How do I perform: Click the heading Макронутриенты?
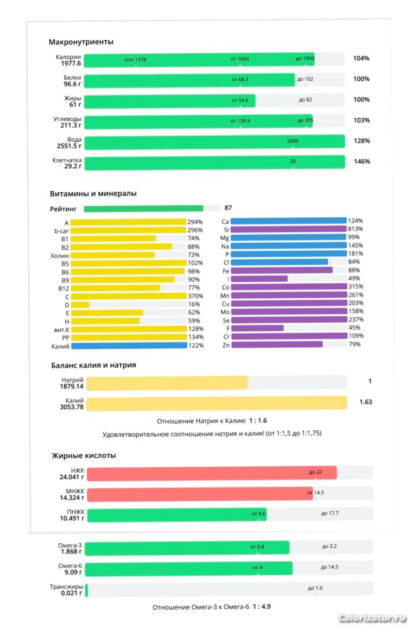81,42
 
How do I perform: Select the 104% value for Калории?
361,59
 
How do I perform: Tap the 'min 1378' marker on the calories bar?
135,60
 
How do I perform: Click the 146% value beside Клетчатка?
362,161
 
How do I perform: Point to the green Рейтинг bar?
144,208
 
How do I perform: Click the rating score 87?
228,208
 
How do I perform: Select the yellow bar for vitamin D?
80,305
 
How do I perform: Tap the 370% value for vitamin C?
195,296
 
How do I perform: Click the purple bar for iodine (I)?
259,279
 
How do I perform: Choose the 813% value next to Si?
355,229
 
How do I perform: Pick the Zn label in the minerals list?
226,345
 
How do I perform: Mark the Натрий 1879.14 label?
72,383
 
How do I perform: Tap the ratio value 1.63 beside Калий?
366,402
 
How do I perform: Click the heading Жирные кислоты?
84,456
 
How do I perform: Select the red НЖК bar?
212,474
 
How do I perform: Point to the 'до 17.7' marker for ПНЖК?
330,513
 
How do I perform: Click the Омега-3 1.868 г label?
71,548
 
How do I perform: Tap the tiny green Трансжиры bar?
86,590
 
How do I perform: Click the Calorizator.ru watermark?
371,618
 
